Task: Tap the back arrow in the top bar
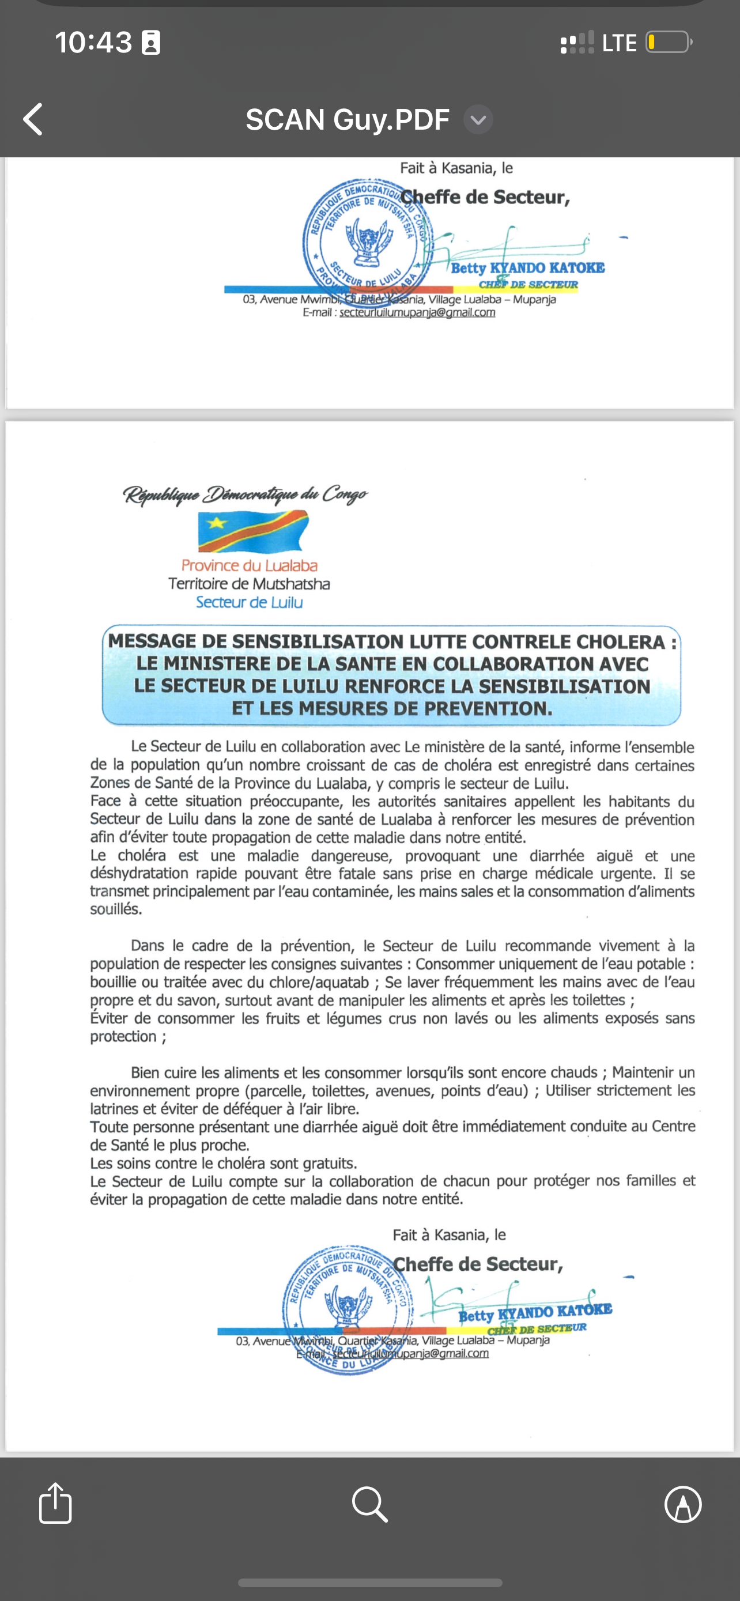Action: point(33,119)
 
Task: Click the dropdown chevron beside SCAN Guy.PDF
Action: point(478,119)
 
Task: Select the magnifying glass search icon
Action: point(369,1504)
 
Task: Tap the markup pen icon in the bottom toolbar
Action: point(683,1504)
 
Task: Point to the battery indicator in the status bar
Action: point(669,42)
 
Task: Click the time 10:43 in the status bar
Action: point(93,42)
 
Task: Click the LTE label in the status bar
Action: point(619,43)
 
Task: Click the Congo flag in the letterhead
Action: point(253,531)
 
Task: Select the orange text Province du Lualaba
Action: point(249,565)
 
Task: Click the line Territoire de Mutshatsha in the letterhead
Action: point(248,584)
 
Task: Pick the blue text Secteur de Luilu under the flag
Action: point(249,602)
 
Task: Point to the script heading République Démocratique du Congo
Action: point(245,494)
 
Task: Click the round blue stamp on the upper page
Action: point(360,239)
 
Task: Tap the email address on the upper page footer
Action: point(417,312)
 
